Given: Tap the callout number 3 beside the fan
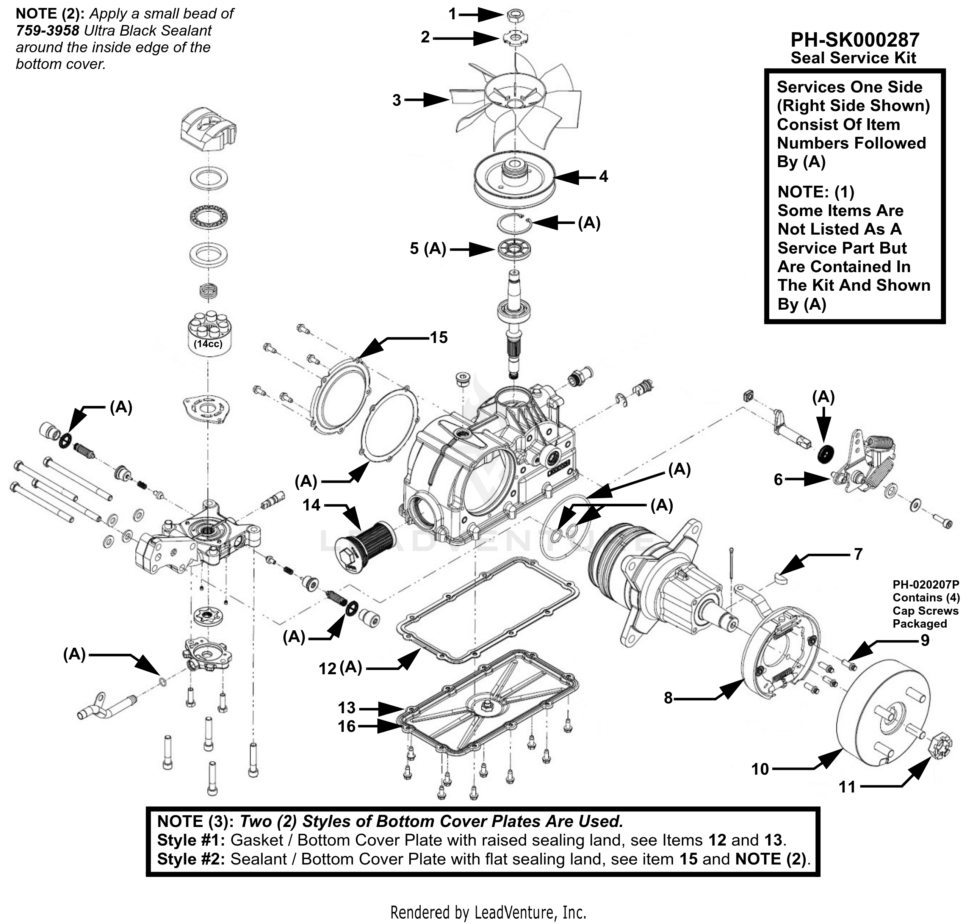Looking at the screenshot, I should point(397,100).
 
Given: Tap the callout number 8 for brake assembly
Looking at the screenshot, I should point(668,698).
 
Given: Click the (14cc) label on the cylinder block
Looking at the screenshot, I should point(208,344).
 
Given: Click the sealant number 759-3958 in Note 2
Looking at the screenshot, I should point(47,31).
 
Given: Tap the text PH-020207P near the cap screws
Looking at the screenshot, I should point(926,585).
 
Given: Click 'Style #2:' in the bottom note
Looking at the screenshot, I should point(191,859).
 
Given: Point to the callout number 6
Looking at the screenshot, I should point(778,479).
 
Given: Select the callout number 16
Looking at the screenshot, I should point(347,726).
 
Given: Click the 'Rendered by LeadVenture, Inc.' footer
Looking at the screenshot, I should point(488,912).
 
